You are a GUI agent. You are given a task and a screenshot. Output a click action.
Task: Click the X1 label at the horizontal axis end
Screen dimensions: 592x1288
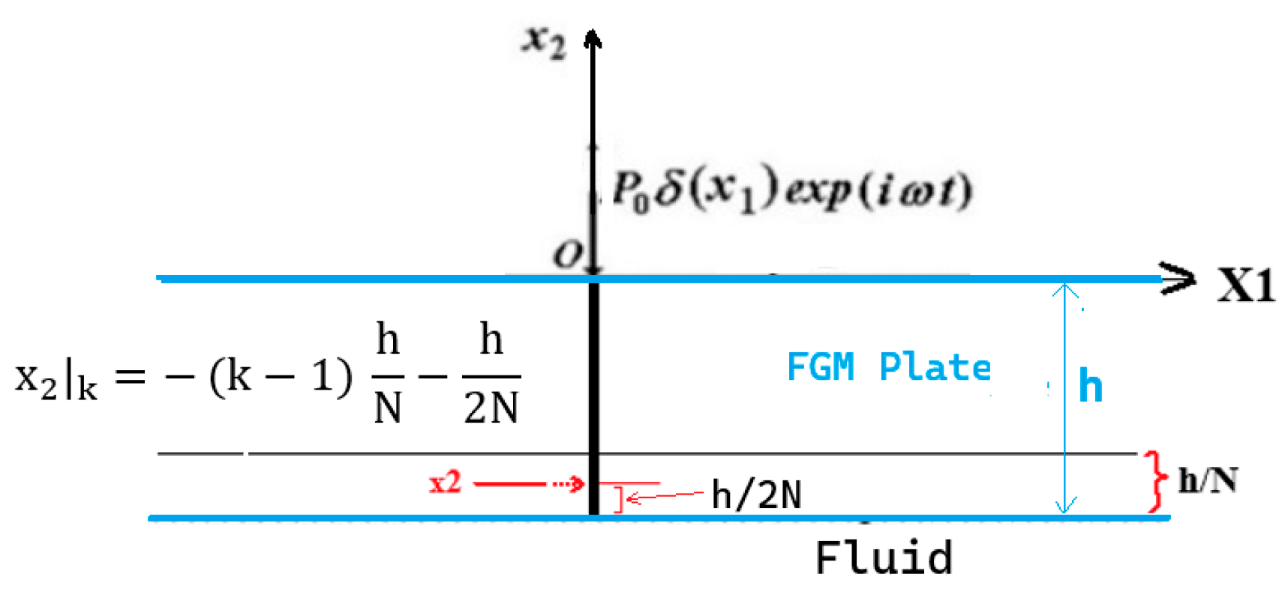(1245, 286)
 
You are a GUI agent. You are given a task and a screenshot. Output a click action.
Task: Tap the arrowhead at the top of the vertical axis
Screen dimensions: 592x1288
(593, 37)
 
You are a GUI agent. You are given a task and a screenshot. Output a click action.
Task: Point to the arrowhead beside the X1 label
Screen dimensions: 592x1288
(1178, 279)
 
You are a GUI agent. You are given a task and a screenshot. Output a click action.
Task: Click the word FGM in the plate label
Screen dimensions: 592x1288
(820, 367)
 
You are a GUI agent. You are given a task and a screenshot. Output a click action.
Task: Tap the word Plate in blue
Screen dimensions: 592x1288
(935, 367)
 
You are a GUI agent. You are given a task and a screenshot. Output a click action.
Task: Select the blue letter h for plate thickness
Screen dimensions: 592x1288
(1090, 386)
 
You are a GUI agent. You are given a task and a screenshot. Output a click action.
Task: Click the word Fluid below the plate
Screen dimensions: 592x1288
(884, 558)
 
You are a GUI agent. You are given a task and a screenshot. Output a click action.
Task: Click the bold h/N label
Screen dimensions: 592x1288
(1207, 480)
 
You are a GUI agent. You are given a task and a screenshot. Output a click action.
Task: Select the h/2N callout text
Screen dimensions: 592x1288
(756, 495)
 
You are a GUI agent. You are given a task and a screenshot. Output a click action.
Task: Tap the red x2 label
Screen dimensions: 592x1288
(445, 483)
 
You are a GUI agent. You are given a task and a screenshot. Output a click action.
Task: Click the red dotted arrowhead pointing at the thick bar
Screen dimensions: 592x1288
(577, 484)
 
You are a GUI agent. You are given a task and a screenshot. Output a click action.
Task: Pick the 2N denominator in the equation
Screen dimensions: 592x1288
(491, 408)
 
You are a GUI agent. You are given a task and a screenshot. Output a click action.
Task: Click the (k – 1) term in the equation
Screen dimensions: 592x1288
(281, 376)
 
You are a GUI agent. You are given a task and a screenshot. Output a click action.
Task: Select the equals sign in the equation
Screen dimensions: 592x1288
(130, 376)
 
